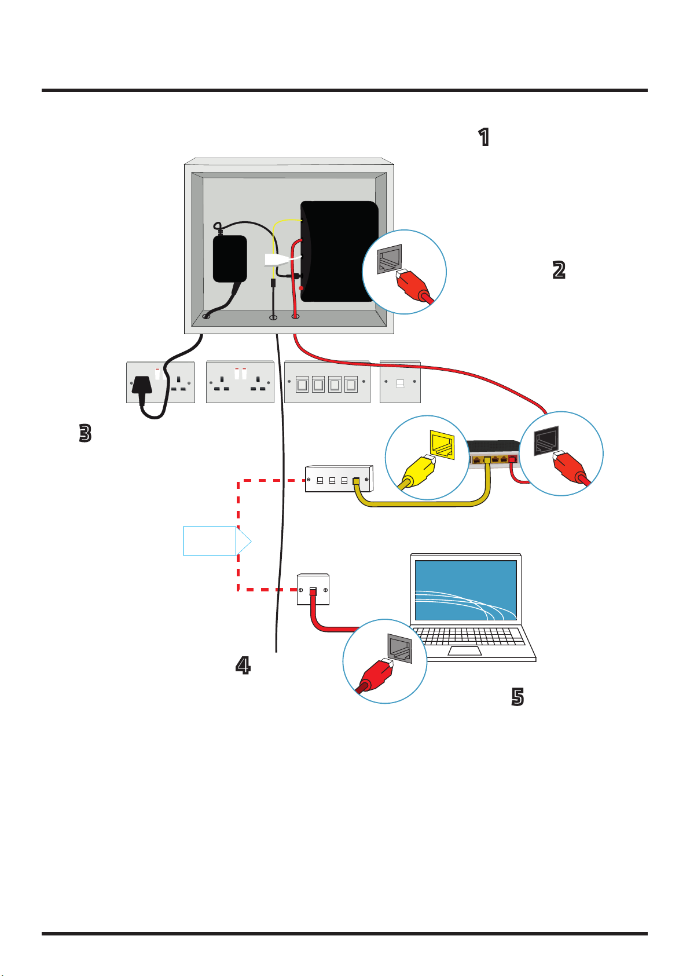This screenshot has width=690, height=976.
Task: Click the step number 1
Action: coord(483,137)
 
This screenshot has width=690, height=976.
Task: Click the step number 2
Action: coord(559,270)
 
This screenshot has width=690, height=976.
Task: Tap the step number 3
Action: coord(85,433)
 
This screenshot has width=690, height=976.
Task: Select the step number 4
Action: coord(243,666)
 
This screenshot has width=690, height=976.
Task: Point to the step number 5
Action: coord(517,697)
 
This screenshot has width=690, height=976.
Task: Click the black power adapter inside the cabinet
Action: coord(230,258)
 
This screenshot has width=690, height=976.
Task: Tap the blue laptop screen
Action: coord(466,590)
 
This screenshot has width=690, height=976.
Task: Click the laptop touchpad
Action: coord(465,652)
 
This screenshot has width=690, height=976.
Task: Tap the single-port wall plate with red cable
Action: coord(313,590)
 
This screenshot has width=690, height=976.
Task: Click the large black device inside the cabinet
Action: coord(339,251)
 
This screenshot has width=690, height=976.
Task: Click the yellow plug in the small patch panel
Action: coord(356,481)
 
